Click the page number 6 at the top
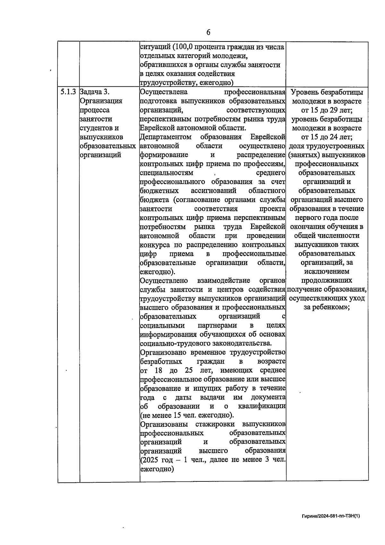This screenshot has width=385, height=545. (208, 32)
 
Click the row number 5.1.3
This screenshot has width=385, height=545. (68, 92)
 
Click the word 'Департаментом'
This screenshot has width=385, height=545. (166, 137)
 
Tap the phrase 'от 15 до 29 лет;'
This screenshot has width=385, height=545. (327, 110)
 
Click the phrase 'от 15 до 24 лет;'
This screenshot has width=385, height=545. (327, 137)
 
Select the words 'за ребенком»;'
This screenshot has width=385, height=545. (327, 307)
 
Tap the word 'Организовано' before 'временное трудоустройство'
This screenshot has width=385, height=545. (163, 352)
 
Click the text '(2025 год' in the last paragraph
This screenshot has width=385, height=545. (155, 460)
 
